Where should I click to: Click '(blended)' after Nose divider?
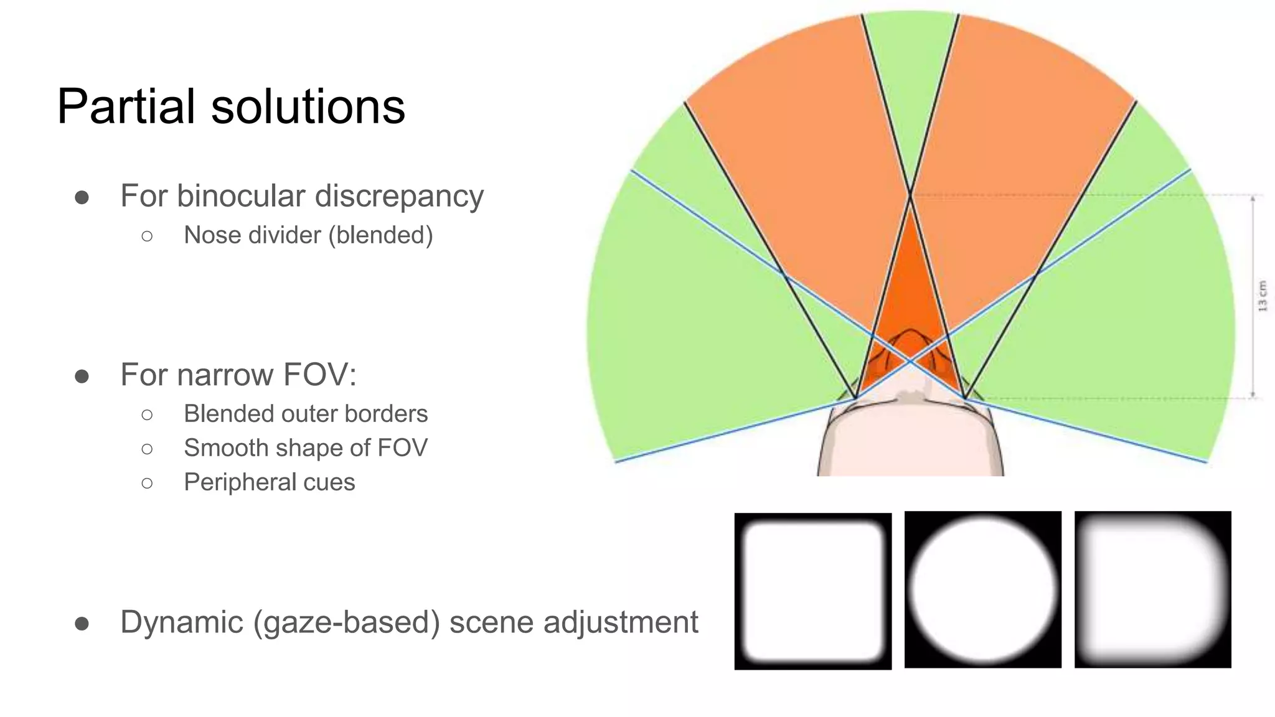pyautogui.click(x=380, y=236)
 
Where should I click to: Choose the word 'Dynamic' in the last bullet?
pyautogui.click(x=182, y=622)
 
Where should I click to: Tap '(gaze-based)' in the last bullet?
pyautogui.click(x=346, y=622)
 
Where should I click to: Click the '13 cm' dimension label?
pyautogui.click(x=1263, y=296)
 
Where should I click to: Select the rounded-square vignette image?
pyautogui.click(x=812, y=591)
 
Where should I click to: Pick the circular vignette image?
pyautogui.click(x=982, y=590)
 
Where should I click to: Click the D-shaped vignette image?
pyautogui.click(x=1152, y=590)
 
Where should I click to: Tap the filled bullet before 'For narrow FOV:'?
pyautogui.click(x=82, y=376)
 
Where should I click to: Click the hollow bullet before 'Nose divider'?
pyautogui.click(x=147, y=236)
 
